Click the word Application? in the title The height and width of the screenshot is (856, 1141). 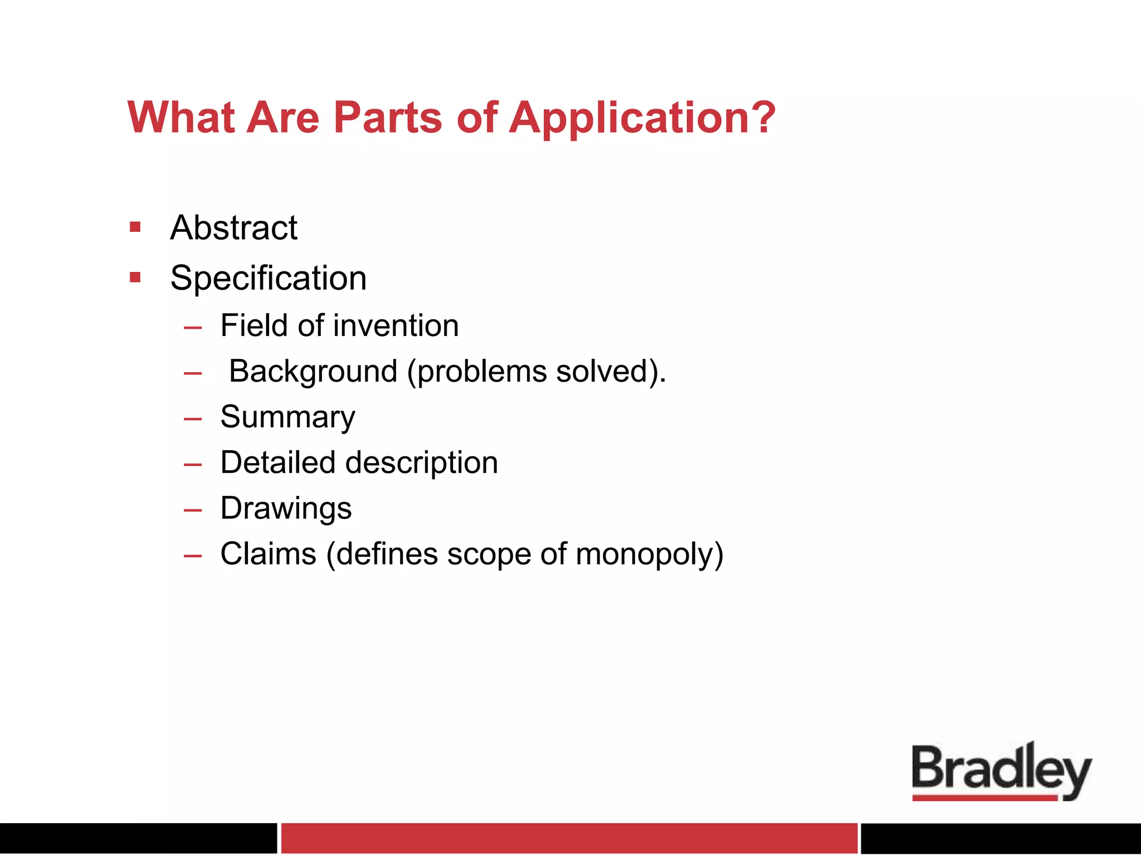[642, 119]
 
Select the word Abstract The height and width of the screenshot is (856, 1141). [234, 228]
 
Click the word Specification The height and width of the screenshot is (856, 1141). [269, 278]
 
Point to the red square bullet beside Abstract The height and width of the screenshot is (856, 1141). [135, 227]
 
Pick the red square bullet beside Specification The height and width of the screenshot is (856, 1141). [135, 277]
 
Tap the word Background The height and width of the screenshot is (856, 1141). [313, 372]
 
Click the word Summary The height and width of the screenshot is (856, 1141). [287, 417]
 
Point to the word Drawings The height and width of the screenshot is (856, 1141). [286, 509]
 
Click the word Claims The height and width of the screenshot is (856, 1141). [269, 554]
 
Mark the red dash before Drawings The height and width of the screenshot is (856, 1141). [193, 510]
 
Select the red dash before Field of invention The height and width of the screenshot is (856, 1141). [193, 328]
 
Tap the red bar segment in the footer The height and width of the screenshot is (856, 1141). [569, 838]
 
